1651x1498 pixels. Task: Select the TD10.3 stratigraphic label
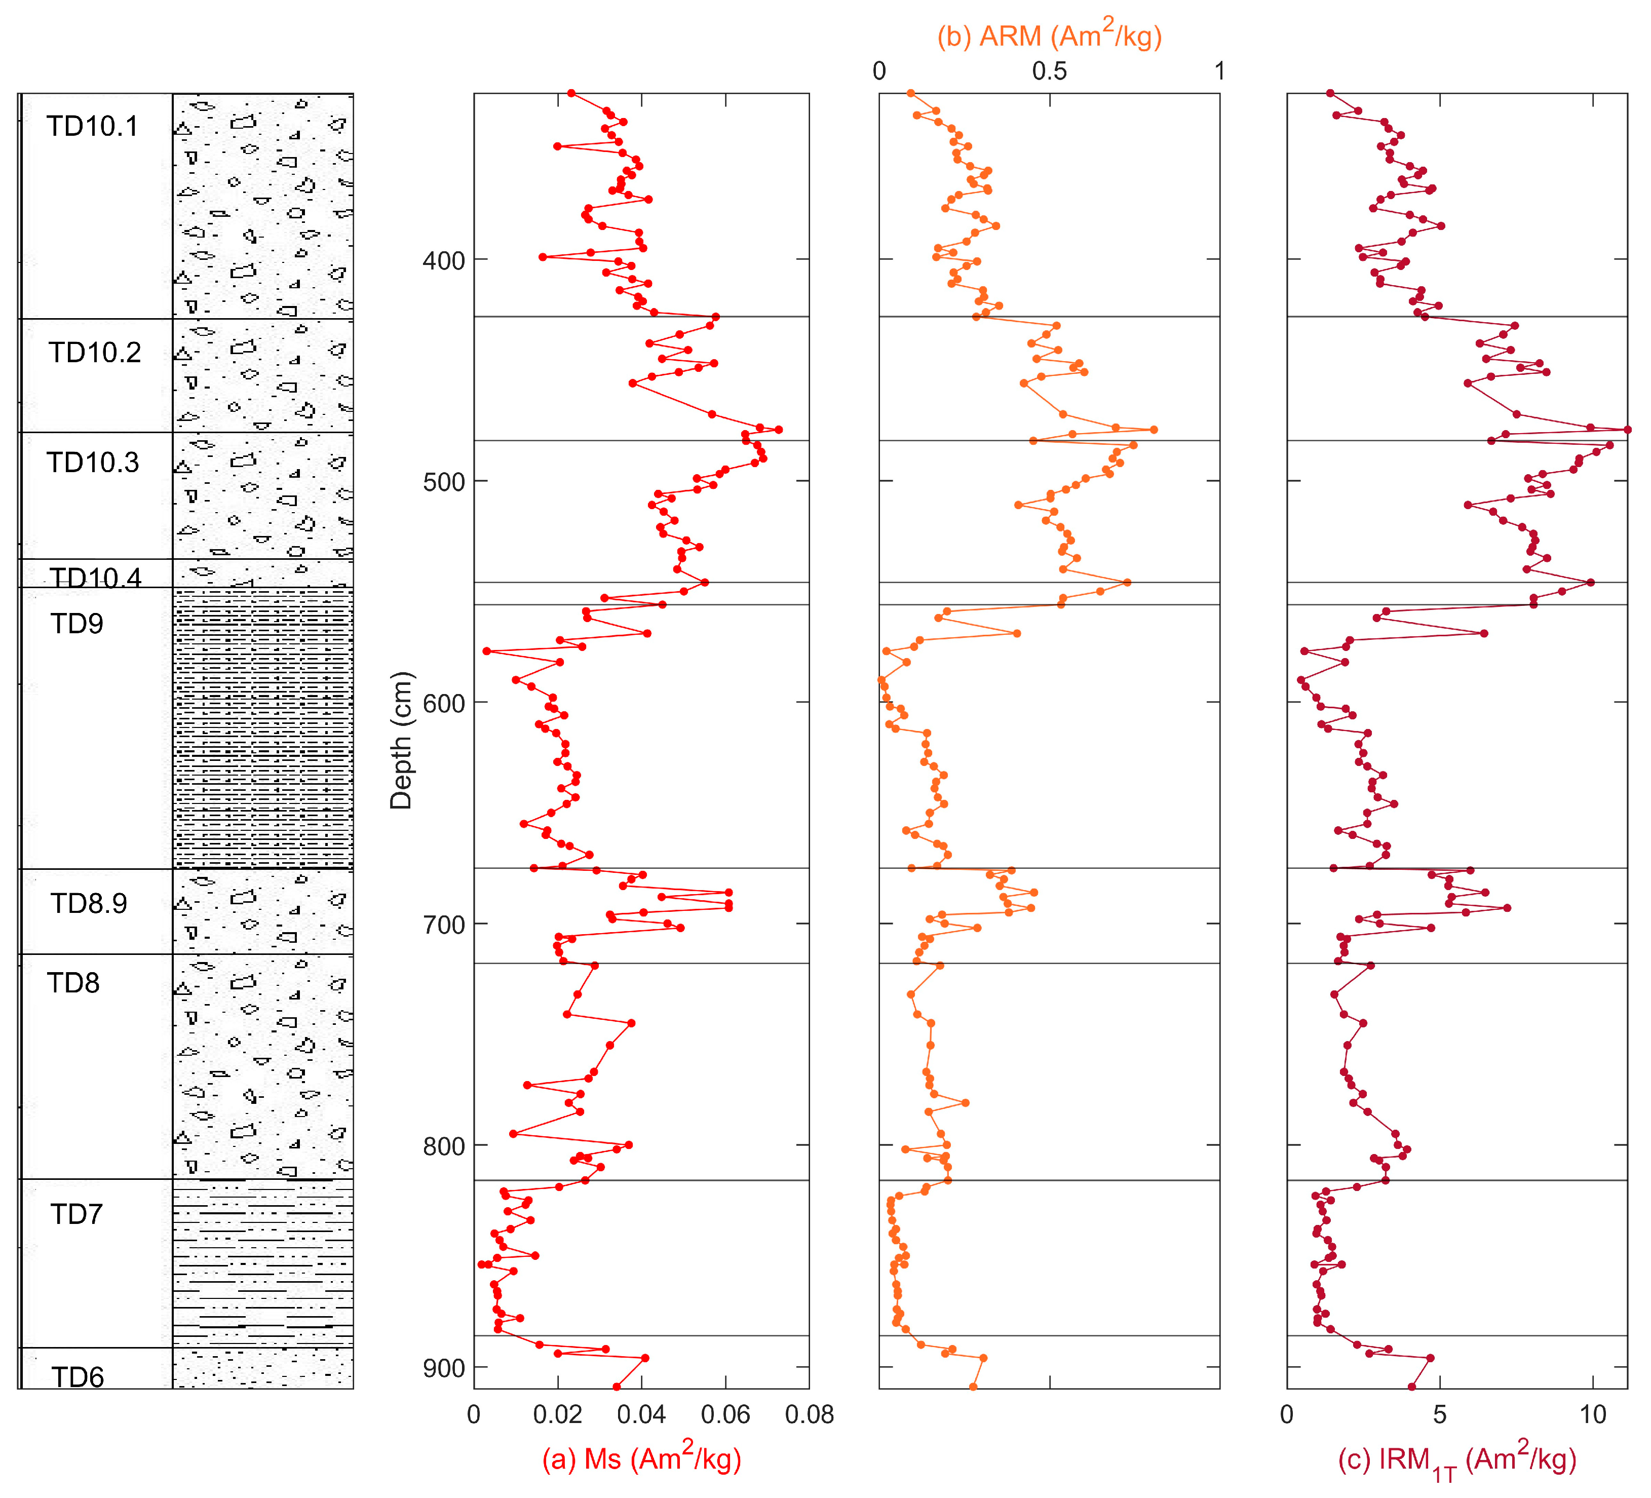pyautogui.click(x=93, y=462)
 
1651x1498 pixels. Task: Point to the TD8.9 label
pyautogui.click(x=89, y=903)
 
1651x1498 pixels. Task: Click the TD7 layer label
pyautogui.click(x=76, y=1214)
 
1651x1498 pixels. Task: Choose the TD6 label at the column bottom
pyautogui.click(x=77, y=1377)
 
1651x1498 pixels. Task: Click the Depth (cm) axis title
pyautogui.click(x=401, y=741)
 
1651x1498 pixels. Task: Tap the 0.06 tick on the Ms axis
pyautogui.click(x=725, y=1414)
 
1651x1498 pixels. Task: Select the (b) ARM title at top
pyautogui.click(x=1049, y=35)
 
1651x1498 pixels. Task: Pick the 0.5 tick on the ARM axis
pyautogui.click(x=1049, y=71)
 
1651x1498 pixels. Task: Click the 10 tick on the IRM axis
pyautogui.click(x=1593, y=1414)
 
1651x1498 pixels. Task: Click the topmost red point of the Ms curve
pyautogui.click(x=571, y=93)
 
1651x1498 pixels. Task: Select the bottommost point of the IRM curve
pyautogui.click(x=1411, y=1387)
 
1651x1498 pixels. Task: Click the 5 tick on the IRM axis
pyautogui.click(x=1440, y=1414)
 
